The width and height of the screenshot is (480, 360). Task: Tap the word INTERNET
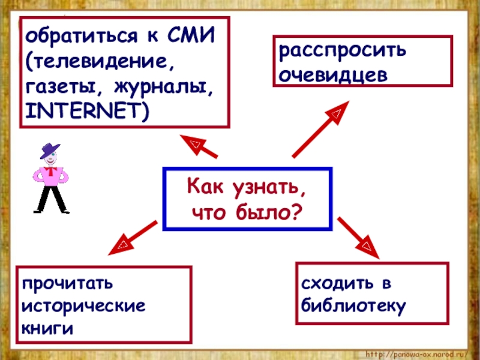(x=85, y=111)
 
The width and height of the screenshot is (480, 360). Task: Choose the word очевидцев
(x=332, y=76)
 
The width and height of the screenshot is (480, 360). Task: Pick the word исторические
(x=83, y=305)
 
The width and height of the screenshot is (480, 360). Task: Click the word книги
(x=47, y=328)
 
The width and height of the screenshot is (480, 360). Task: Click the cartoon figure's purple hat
(x=51, y=149)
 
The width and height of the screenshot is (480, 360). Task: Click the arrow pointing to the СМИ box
(x=201, y=148)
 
